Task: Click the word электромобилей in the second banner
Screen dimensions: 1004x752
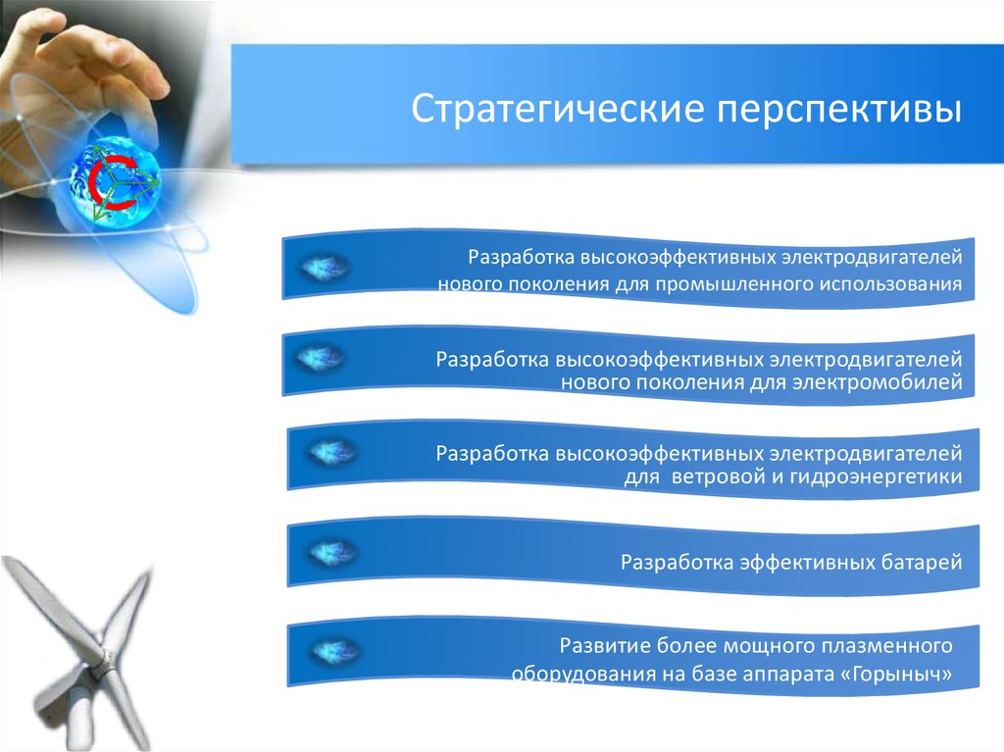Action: point(878,382)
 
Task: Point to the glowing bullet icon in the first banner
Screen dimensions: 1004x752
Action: point(325,267)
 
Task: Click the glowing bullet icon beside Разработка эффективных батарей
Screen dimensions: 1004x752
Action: point(332,552)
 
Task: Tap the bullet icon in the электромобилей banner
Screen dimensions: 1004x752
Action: point(321,358)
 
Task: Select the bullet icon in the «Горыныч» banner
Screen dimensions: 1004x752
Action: point(335,651)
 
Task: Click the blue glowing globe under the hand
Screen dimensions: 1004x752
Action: point(116,182)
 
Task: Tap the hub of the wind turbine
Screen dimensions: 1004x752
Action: point(98,670)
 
